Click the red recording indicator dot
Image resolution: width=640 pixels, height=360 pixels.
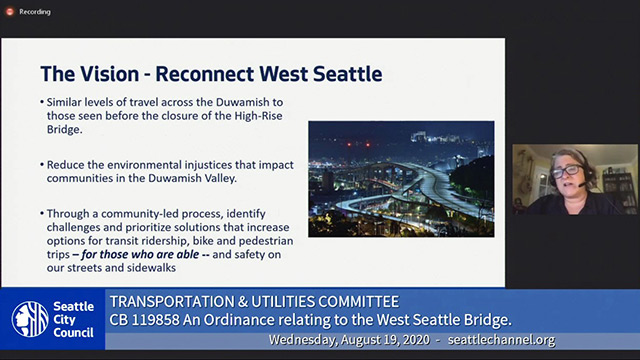(9, 12)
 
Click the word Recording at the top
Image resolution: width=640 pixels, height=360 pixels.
(35, 12)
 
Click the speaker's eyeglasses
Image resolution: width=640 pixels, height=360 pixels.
(567, 172)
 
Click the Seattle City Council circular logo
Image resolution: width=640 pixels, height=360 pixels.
(30, 319)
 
